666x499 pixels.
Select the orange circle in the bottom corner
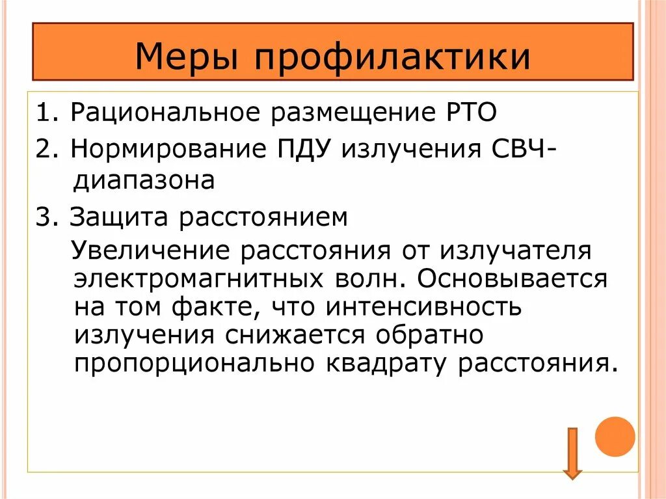pos(615,436)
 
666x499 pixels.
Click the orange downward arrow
pos(572,453)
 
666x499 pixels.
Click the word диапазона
pos(144,180)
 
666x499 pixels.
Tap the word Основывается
pos(513,278)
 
